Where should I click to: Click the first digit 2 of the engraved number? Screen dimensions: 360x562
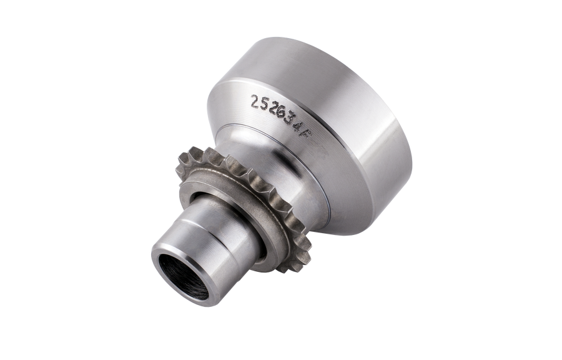pos(254,101)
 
